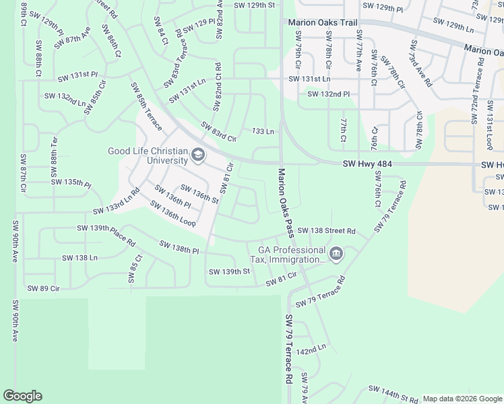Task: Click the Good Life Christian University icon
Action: tap(198, 156)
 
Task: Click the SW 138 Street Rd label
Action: tap(326, 231)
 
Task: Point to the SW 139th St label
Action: tap(229, 271)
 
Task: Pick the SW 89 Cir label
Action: tap(44, 288)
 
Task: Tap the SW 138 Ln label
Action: tap(80, 258)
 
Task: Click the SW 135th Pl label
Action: tap(71, 182)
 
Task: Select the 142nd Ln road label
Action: tap(311, 350)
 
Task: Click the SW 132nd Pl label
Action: tap(329, 94)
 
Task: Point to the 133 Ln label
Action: tap(262, 131)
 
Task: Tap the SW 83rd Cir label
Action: tap(219, 132)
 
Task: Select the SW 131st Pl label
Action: tap(77, 79)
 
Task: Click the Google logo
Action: tap(22, 396)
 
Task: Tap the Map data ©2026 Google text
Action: tap(462, 399)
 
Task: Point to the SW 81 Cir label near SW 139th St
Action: tap(282, 279)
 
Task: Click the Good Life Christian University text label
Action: tap(148, 156)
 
